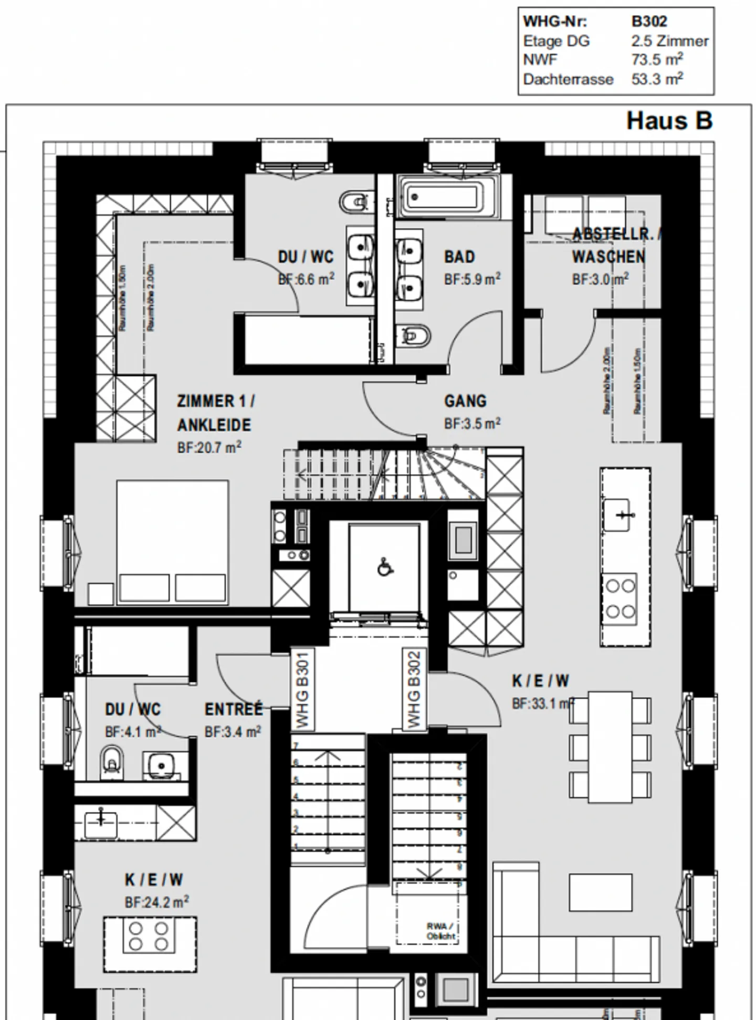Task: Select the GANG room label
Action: pyautogui.click(x=465, y=402)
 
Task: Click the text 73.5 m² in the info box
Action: pyautogui.click(x=657, y=60)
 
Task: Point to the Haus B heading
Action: pyautogui.click(x=669, y=121)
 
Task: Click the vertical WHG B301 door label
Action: pyautogui.click(x=302, y=689)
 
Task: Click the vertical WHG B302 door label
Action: pyautogui.click(x=414, y=689)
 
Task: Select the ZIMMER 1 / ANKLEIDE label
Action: pyautogui.click(x=215, y=413)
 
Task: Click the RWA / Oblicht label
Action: pyautogui.click(x=440, y=932)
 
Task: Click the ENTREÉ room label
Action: pyautogui.click(x=233, y=710)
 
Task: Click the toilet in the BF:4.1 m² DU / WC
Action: pyautogui.click(x=112, y=762)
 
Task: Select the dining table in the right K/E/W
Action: pyautogui.click(x=610, y=746)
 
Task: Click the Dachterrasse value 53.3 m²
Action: pyautogui.click(x=657, y=79)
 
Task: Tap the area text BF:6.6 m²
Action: pyautogui.click(x=306, y=279)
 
